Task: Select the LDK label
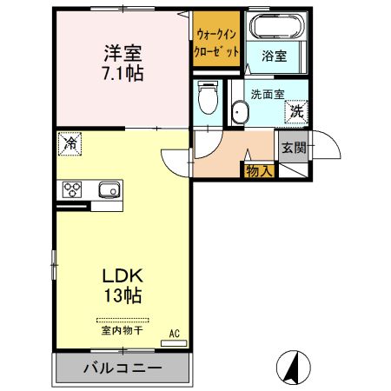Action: click(x=122, y=275)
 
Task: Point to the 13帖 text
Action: click(x=122, y=295)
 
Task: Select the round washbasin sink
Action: click(x=239, y=111)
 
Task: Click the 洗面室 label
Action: click(x=266, y=93)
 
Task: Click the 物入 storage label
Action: click(x=260, y=170)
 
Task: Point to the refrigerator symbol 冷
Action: click(x=70, y=142)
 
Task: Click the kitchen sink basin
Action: click(x=108, y=190)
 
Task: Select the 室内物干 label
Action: click(x=122, y=330)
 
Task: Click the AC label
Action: click(x=174, y=333)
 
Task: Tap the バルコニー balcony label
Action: click(x=122, y=368)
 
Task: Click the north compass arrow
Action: click(x=292, y=367)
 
